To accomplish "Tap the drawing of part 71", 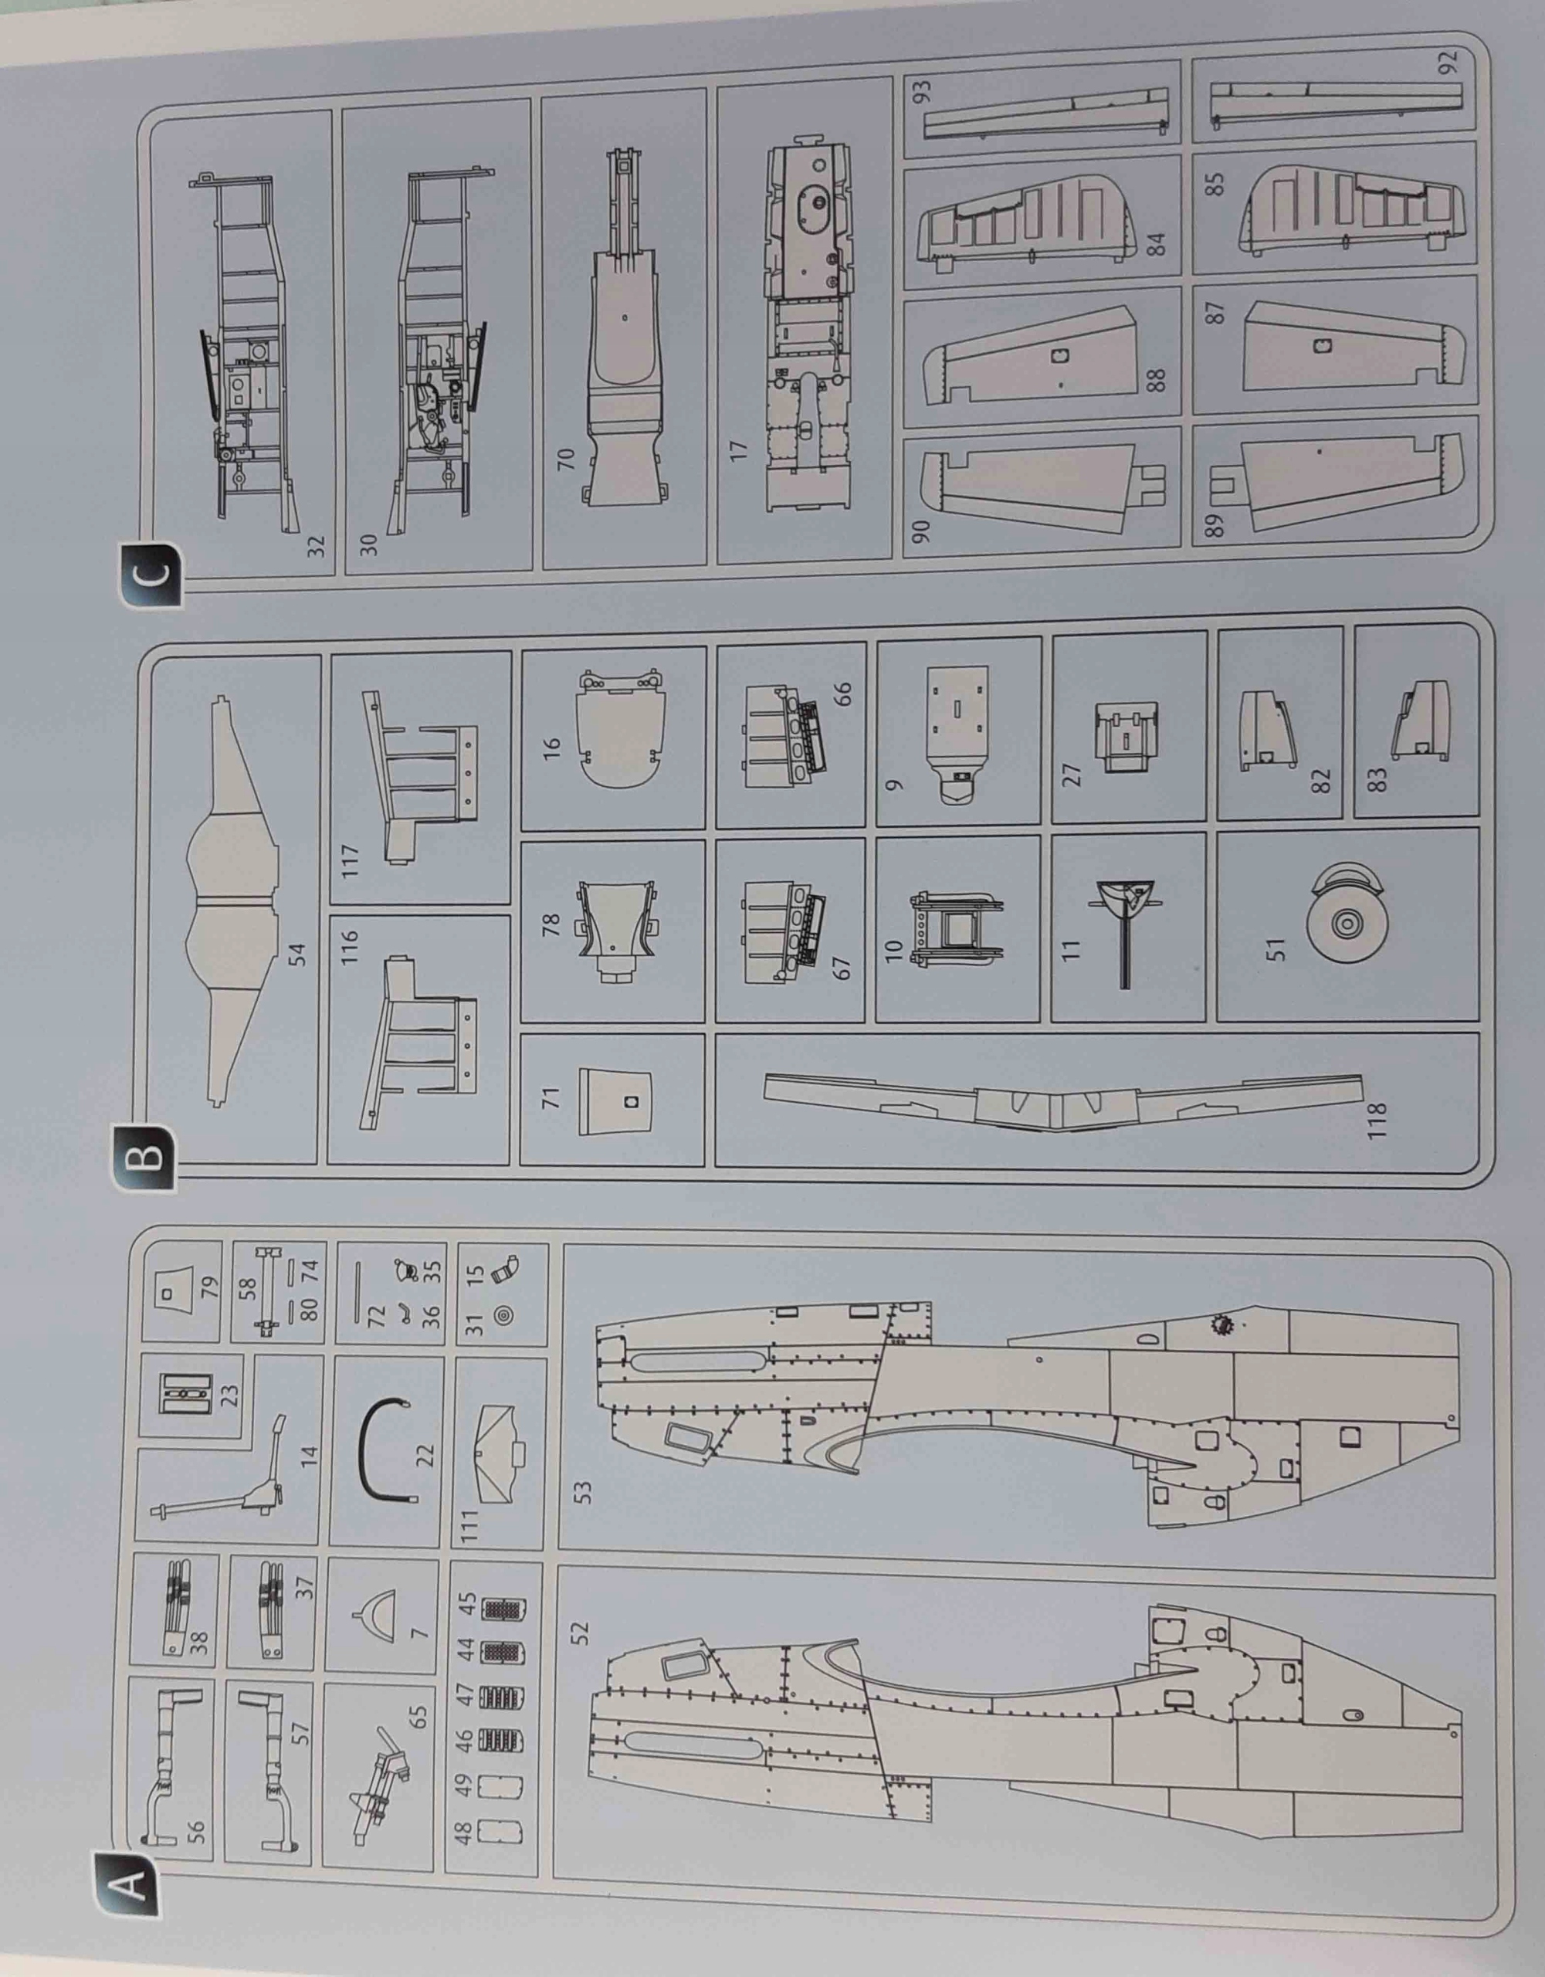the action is (616, 1100).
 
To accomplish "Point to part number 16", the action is (552, 747).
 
